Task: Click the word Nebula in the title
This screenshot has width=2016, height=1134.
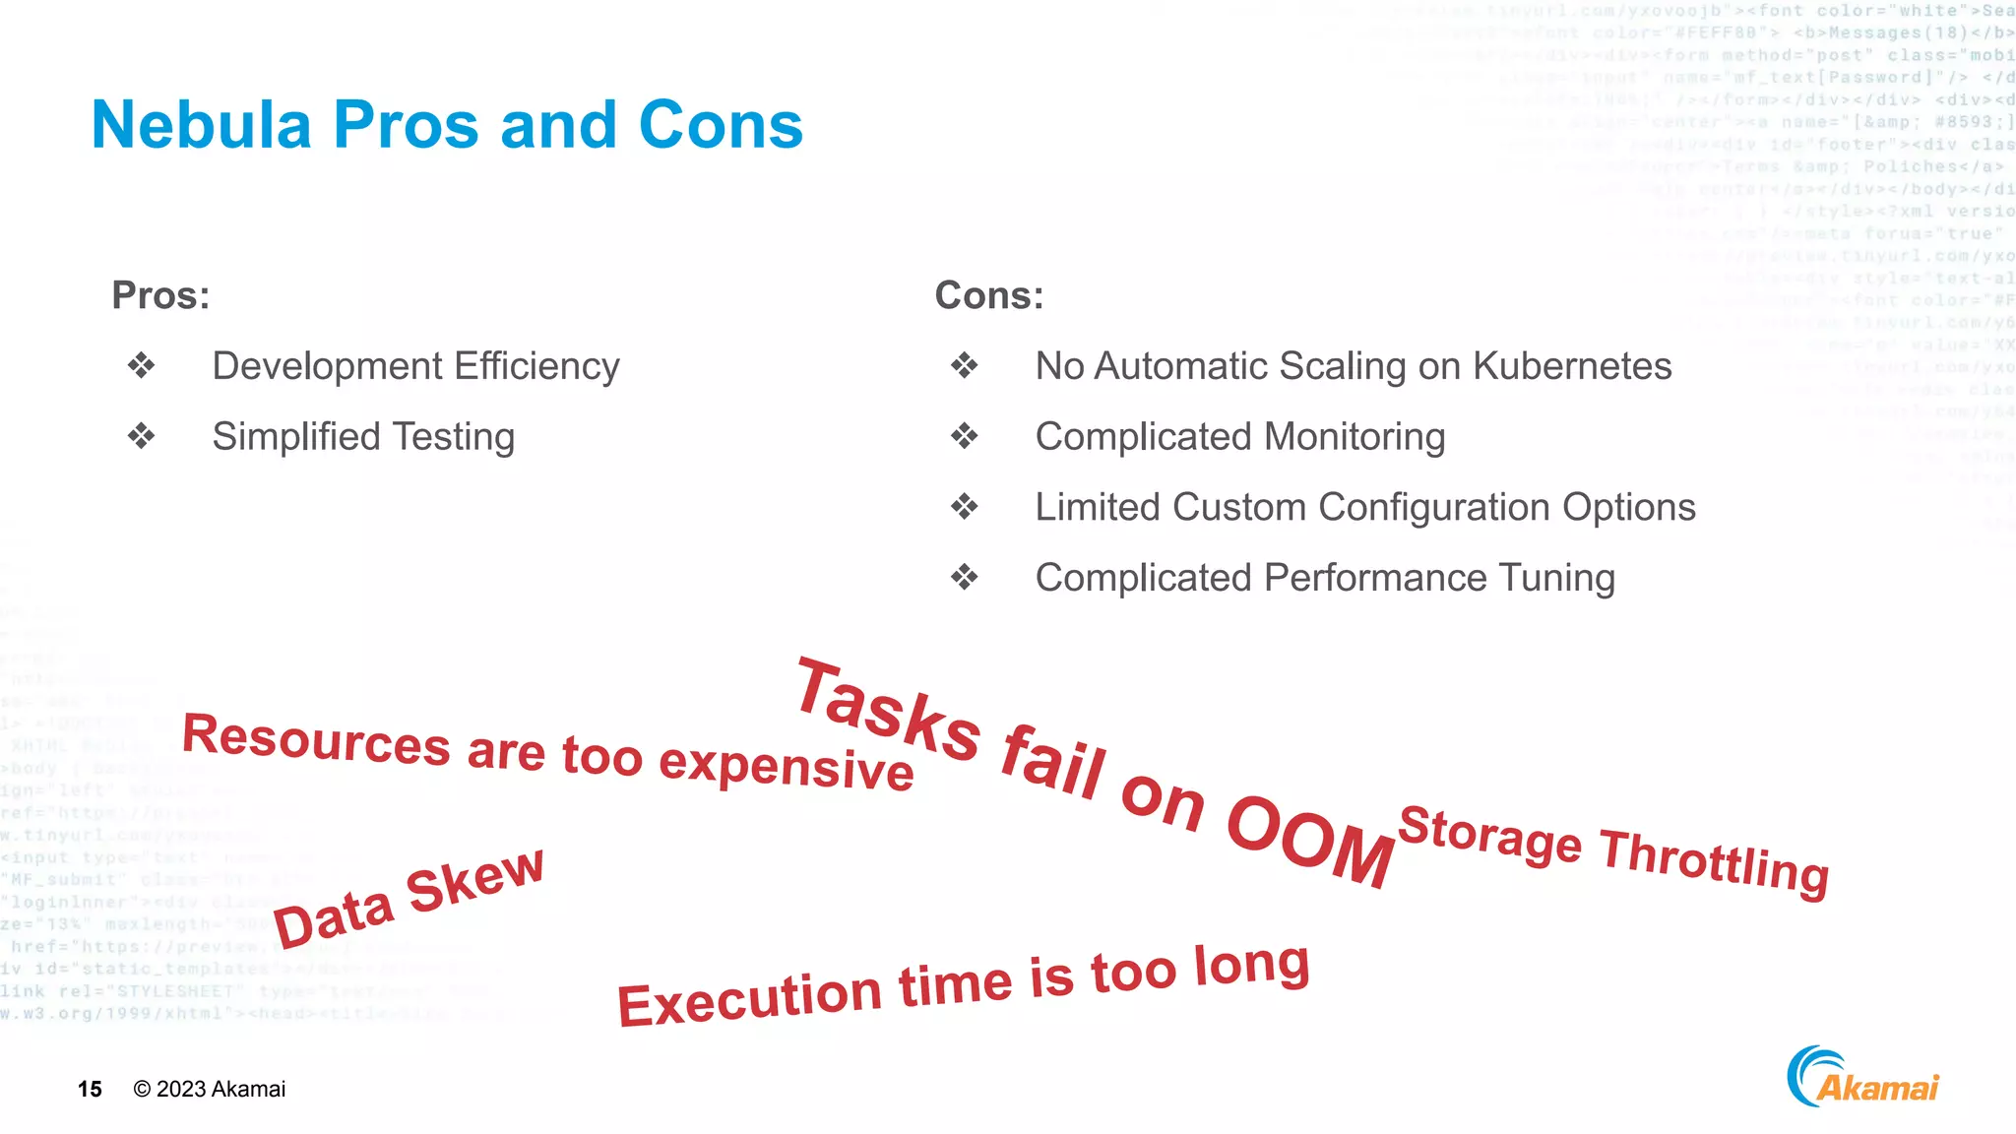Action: click(x=201, y=125)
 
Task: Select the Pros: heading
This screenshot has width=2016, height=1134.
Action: click(x=160, y=295)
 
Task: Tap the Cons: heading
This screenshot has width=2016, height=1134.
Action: click(x=988, y=295)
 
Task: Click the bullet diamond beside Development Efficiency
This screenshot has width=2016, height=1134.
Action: click(x=142, y=366)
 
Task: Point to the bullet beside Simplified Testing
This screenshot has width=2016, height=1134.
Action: click(x=142, y=436)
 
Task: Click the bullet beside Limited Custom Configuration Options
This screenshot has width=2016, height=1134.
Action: click(x=965, y=507)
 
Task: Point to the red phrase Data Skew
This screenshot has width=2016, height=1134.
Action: click(x=408, y=898)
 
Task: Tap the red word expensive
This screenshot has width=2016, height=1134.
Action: click(x=786, y=767)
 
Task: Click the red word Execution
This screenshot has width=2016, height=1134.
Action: click(x=749, y=998)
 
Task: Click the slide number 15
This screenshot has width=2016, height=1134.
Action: click(x=90, y=1089)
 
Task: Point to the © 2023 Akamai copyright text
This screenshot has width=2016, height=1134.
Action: click(x=209, y=1089)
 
